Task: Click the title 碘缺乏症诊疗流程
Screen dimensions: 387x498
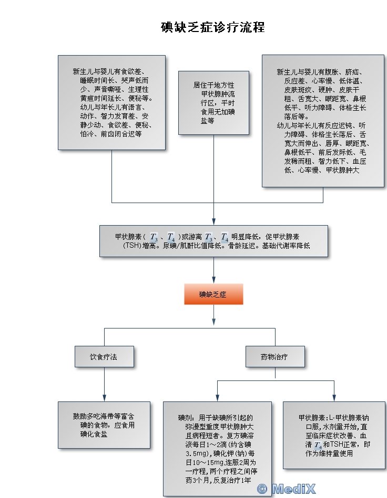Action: coord(212,27)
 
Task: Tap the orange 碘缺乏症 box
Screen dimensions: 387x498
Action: coord(213,294)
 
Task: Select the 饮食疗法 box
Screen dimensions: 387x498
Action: coord(104,357)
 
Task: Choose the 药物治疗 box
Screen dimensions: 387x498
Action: coord(275,357)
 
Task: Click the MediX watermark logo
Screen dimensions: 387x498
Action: coord(287,489)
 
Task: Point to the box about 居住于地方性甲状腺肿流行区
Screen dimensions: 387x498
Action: coord(213,103)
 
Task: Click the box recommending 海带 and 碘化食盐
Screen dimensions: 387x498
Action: coord(104,425)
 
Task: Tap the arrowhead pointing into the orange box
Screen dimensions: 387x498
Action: coord(213,280)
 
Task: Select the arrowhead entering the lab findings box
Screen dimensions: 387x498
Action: coord(213,221)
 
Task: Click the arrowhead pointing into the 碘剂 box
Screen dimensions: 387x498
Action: coord(217,398)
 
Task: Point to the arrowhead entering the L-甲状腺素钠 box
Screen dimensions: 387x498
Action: coord(334,398)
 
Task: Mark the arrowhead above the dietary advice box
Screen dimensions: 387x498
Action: coord(104,398)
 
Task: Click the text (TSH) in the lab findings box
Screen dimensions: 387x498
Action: coord(132,246)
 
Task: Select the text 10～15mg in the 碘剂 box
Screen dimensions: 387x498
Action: coord(202,462)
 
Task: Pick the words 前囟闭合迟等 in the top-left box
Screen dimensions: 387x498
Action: coord(121,134)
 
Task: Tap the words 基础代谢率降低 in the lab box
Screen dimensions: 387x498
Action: coord(286,246)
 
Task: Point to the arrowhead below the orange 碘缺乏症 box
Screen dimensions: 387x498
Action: coord(213,321)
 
